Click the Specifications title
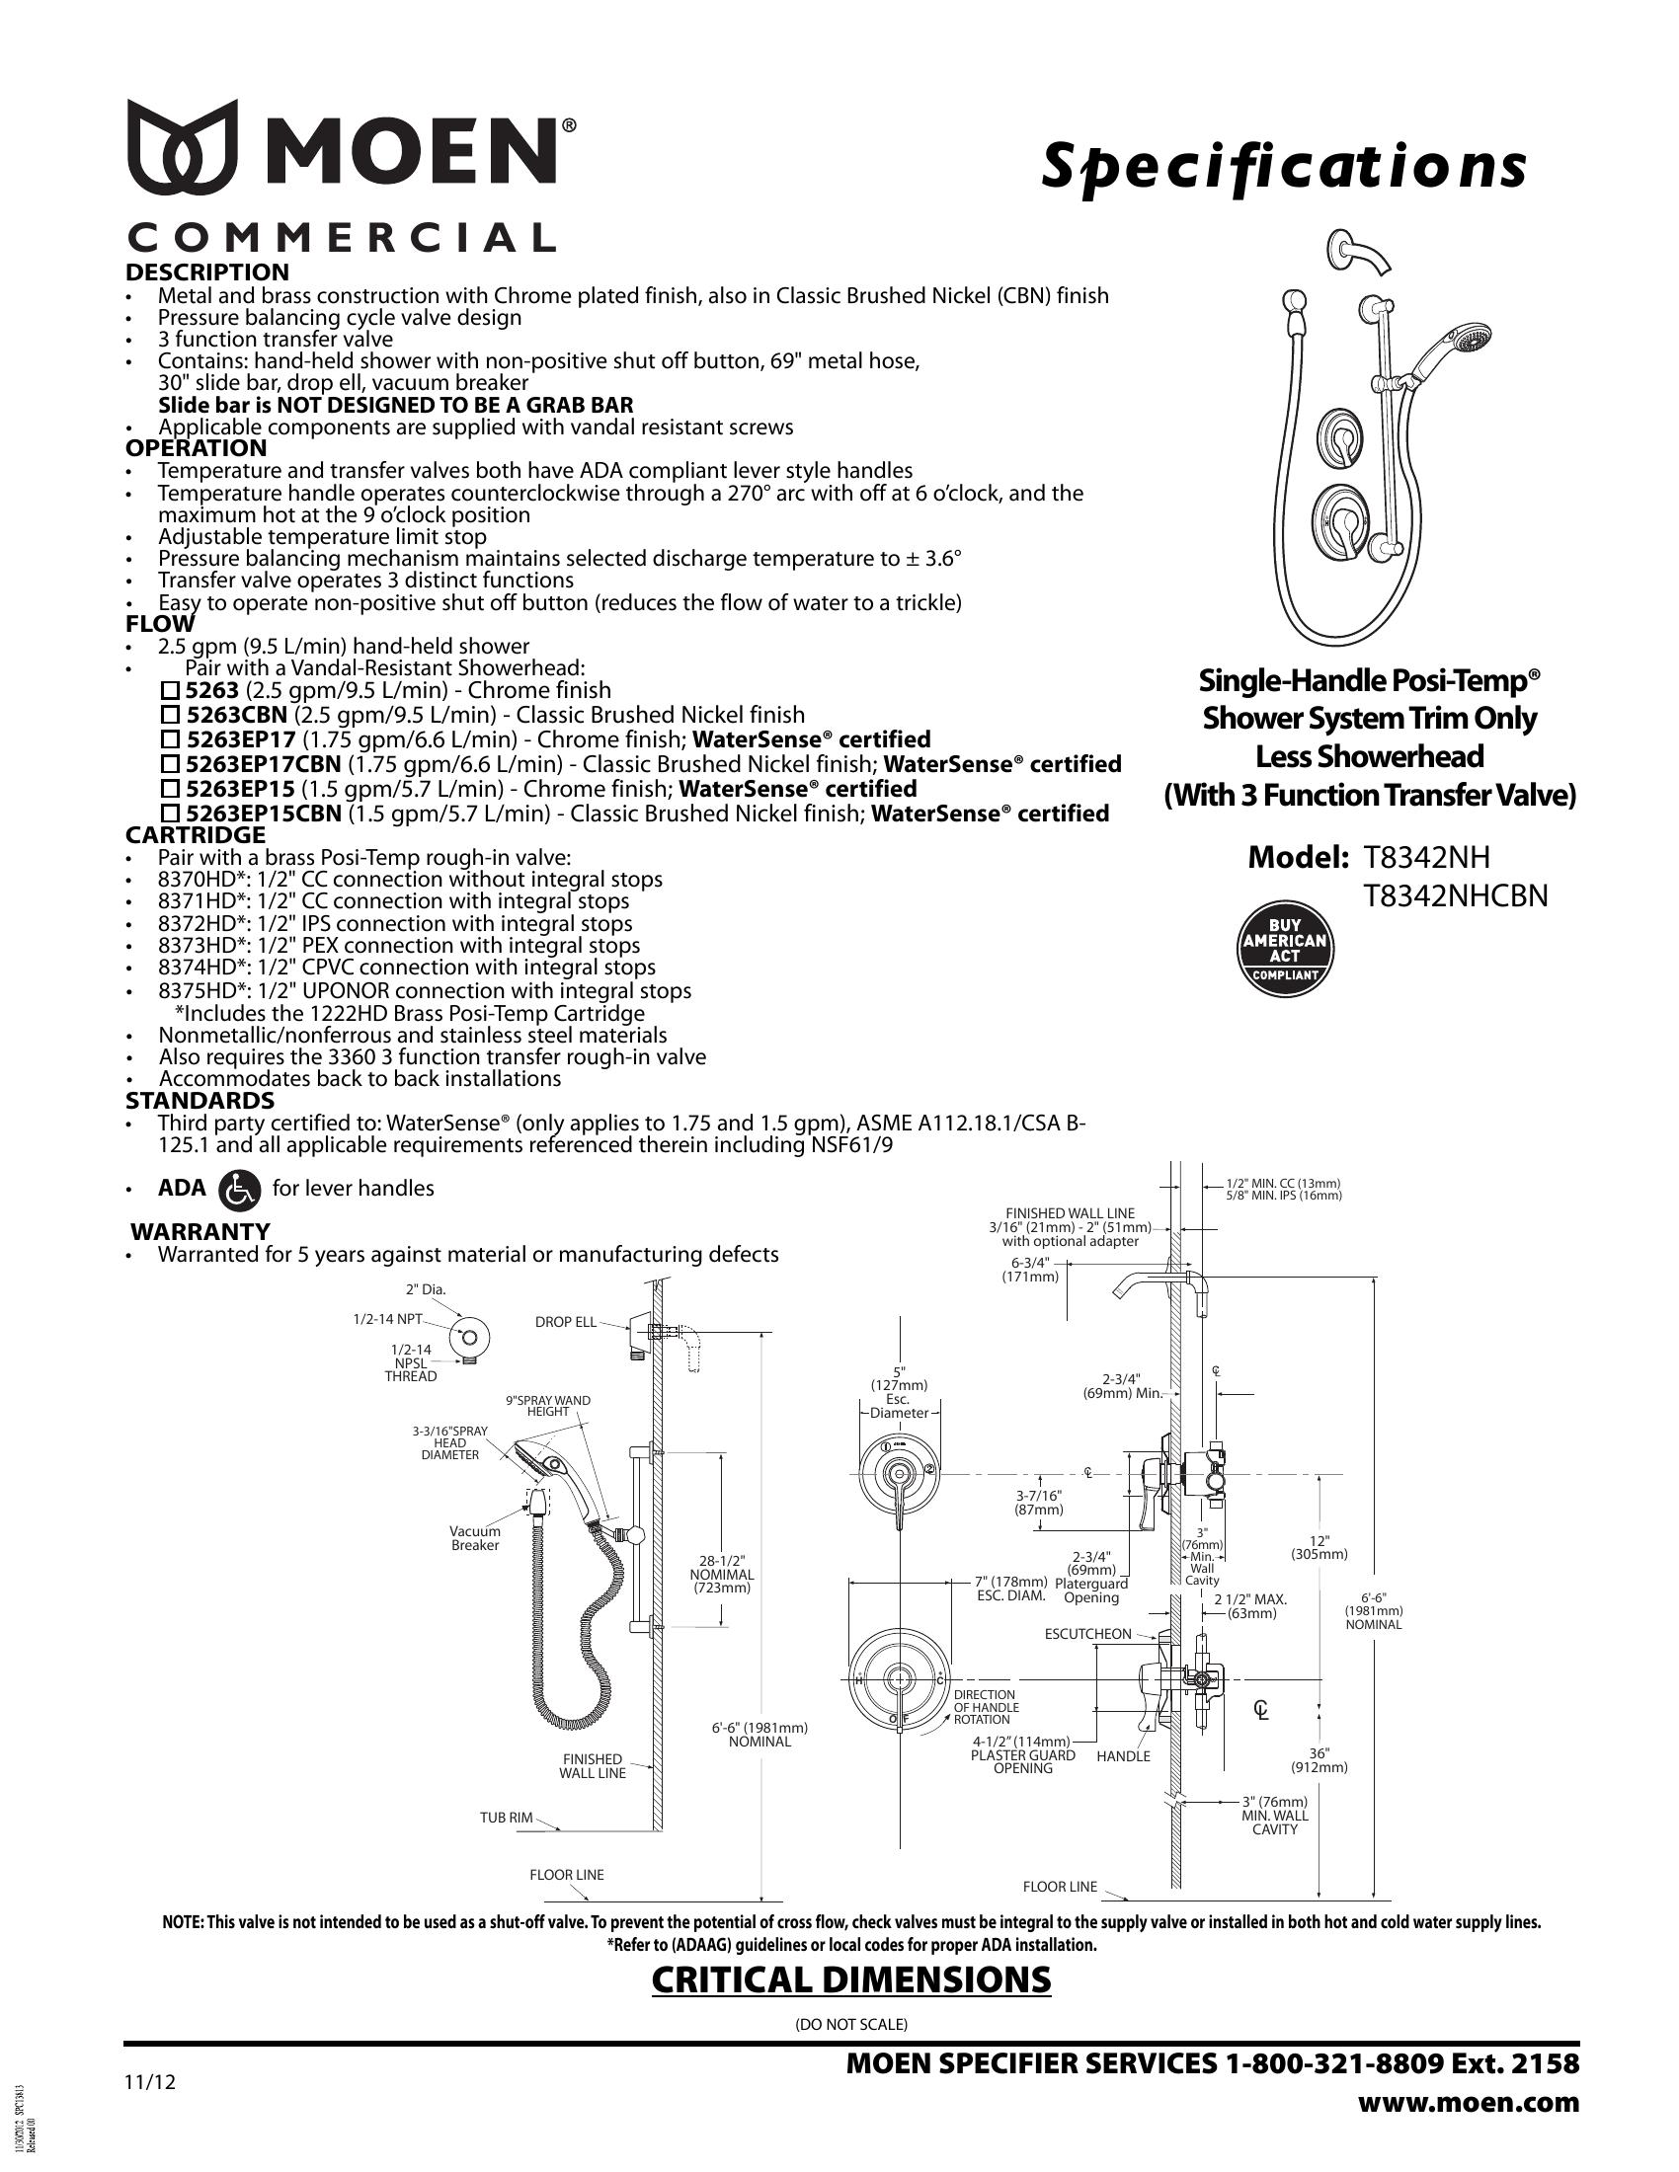tap(1282, 166)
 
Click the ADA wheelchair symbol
tap(244, 1189)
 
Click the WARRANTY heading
tap(200, 1231)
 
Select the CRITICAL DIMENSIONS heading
tap(850, 1979)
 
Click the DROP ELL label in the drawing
tap(566, 1322)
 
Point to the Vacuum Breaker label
tap(474, 1538)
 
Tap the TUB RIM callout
tap(507, 1818)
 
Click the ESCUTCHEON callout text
tap(1087, 1634)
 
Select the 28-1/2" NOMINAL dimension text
tap(722, 1575)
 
